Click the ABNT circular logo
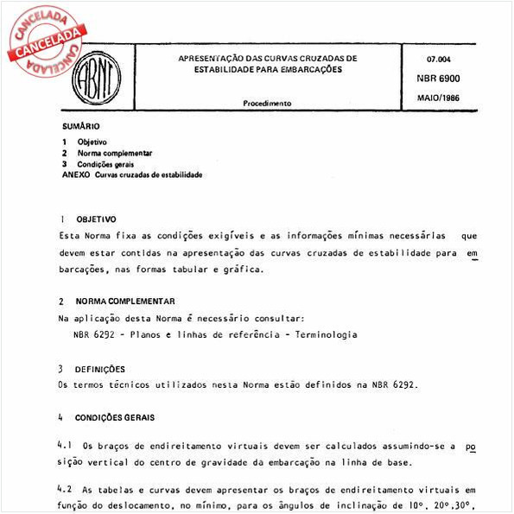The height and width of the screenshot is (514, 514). (x=92, y=77)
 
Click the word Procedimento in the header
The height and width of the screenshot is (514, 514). (x=267, y=103)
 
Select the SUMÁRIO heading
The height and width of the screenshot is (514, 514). (x=81, y=126)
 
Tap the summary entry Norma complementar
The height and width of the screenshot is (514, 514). (x=115, y=152)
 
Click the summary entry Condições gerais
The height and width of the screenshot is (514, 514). (x=105, y=163)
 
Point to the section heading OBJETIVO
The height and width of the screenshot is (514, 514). (x=96, y=219)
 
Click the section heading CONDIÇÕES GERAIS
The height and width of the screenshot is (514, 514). (x=115, y=417)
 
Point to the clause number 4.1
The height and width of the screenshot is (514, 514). (x=64, y=446)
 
